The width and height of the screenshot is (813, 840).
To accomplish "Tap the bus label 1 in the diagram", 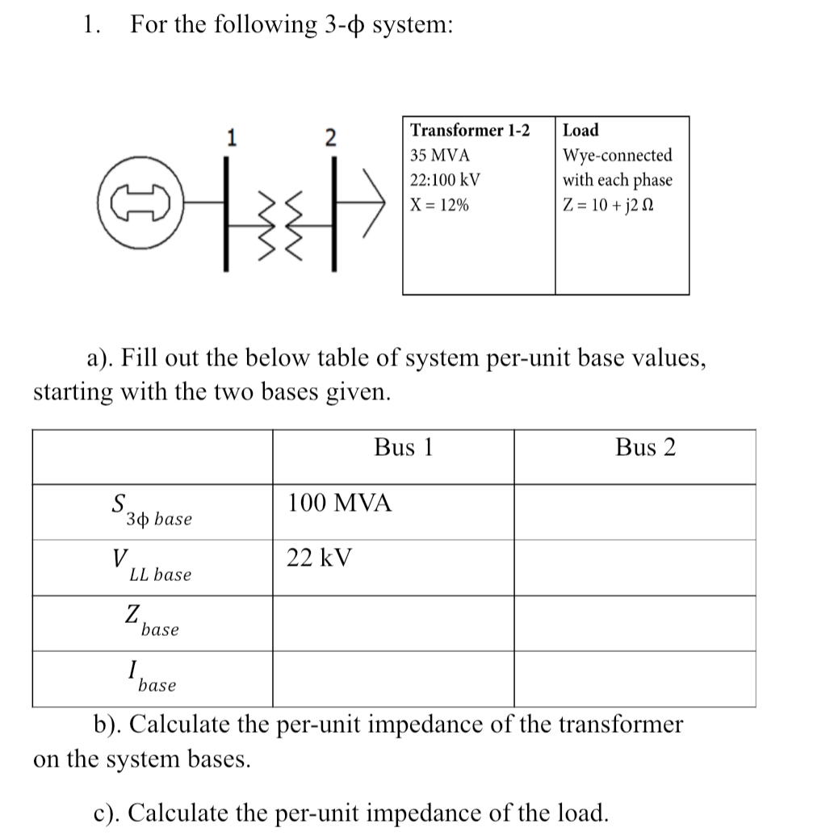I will coord(232,137).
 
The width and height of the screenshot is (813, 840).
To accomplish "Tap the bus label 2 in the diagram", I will coord(330,137).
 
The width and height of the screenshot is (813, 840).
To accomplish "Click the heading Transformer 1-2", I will coord(471,131).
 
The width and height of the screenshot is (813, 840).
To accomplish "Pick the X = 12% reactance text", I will coord(439,205).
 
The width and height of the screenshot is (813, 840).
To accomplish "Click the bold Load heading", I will coord(580,131).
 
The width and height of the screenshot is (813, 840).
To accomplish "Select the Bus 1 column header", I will coord(404,448).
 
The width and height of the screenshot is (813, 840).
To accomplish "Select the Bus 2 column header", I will coord(645,448).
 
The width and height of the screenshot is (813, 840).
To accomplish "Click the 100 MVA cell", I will coord(340,504).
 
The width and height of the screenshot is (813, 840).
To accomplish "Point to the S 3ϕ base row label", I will coord(151,511).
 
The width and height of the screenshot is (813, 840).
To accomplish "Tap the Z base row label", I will coord(151,621).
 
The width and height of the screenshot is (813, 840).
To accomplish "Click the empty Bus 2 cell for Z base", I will coord(635,623).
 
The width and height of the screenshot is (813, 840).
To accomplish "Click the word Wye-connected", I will coord(617,155).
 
